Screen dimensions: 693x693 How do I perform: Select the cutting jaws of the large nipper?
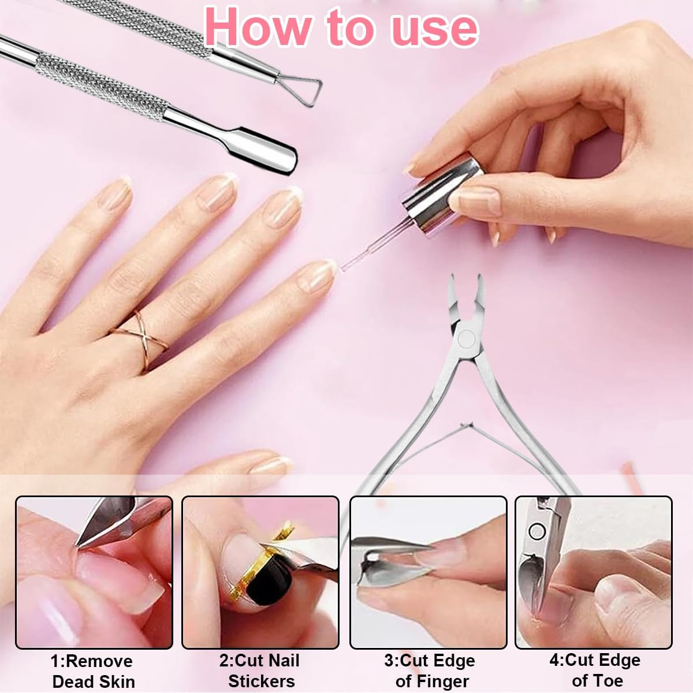[x=465, y=295]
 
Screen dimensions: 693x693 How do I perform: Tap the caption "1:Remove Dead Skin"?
[x=93, y=670]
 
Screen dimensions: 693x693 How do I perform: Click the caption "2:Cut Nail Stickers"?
[x=260, y=670]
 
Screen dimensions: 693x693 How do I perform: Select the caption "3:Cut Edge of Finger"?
[x=430, y=670]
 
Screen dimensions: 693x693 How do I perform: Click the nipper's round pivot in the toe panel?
[x=537, y=531]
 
